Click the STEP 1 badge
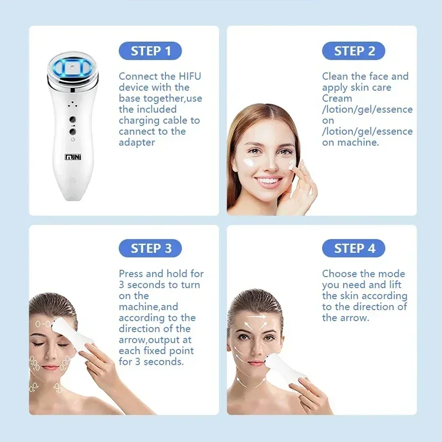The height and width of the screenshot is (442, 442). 150,51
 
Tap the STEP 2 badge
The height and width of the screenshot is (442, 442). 354,51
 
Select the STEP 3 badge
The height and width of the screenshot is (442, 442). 150,248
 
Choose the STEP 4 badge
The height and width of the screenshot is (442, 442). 354,248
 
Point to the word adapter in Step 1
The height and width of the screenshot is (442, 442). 138,143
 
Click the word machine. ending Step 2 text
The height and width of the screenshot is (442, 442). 359,143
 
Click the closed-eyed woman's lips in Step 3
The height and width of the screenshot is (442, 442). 50,368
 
